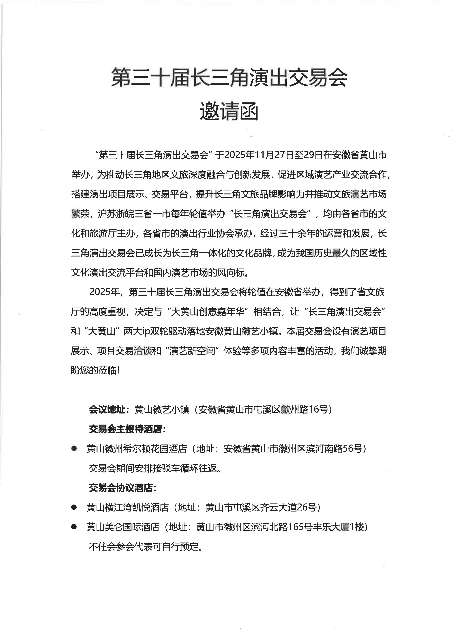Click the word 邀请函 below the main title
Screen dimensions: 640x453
[x=229, y=112]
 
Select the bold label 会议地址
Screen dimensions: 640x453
[x=107, y=409]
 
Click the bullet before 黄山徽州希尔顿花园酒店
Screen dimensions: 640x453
[x=74, y=448]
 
